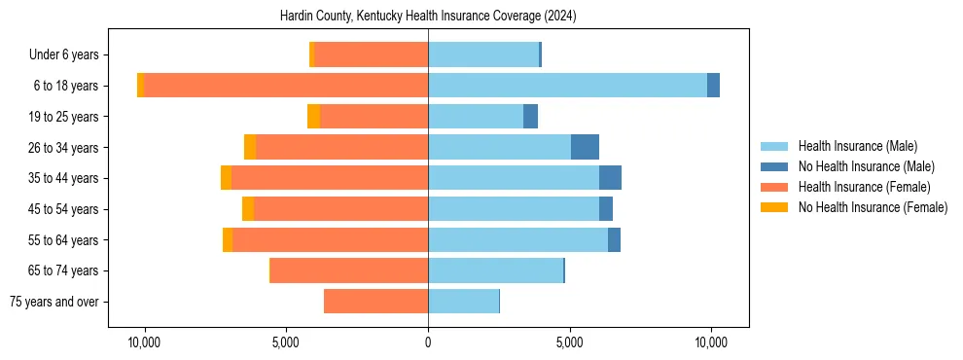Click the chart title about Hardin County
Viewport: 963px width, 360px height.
click(x=428, y=17)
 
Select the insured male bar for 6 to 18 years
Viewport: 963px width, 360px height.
click(x=567, y=86)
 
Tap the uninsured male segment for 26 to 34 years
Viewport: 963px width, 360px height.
click(x=585, y=147)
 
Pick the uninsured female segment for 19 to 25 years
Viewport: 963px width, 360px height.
click(x=313, y=117)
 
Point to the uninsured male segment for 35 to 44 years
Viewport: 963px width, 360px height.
click(x=610, y=178)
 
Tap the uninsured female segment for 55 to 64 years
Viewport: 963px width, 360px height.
click(x=228, y=240)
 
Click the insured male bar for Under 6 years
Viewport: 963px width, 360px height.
click(x=483, y=54)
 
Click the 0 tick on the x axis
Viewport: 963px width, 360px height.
click(x=428, y=342)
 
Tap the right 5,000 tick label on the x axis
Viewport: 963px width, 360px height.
click(x=569, y=342)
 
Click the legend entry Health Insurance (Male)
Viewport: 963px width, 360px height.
click(x=857, y=146)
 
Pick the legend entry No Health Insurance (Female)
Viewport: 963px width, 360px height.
click(x=873, y=207)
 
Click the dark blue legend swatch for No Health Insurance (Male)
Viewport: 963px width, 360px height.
click(x=774, y=166)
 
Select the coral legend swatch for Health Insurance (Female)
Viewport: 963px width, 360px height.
click(x=774, y=187)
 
